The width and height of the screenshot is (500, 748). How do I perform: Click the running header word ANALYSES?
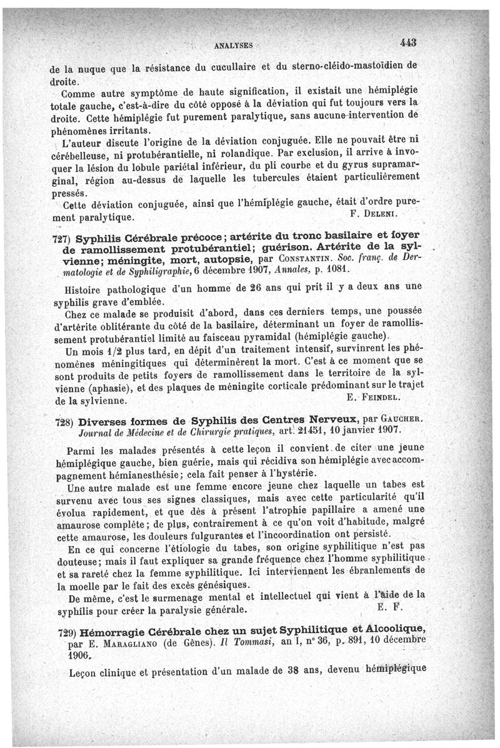tap(233, 46)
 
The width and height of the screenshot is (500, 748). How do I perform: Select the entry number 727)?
tap(61, 240)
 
